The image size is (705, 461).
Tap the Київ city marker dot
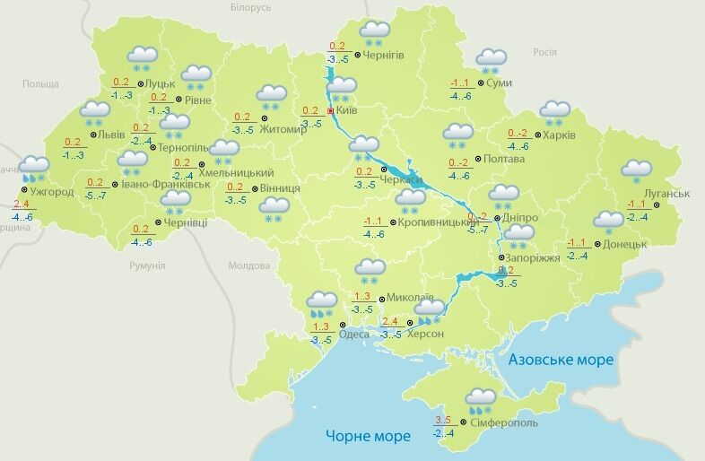point(331,111)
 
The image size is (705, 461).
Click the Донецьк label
point(625,244)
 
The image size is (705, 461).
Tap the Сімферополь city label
point(502,422)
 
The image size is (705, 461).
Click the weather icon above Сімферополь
point(481,398)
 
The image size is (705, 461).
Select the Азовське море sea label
point(561,360)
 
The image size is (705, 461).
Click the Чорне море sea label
point(368,436)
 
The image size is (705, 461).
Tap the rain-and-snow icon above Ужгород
point(34,168)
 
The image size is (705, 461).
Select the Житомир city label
point(283,129)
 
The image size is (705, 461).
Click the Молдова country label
point(248,266)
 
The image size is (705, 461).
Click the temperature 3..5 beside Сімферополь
point(442,420)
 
